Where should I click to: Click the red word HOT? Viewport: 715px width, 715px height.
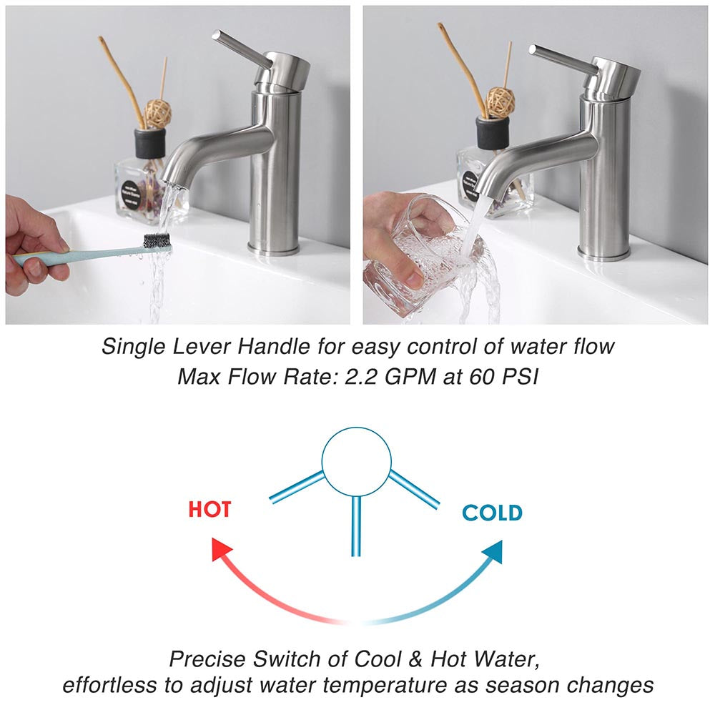click(209, 509)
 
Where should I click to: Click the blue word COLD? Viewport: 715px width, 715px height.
click(492, 513)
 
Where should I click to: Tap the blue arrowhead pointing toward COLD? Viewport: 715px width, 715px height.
click(491, 551)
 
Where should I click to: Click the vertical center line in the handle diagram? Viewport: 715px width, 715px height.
click(355, 526)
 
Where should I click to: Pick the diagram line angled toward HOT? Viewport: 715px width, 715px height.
click(297, 487)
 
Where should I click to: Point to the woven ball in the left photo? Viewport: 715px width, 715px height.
click(158, 113)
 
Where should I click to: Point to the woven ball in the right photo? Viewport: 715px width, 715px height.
click(500, 102)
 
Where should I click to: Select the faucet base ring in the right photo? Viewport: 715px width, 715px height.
click(604, 252)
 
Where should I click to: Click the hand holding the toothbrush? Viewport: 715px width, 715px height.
click(32, 247)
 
